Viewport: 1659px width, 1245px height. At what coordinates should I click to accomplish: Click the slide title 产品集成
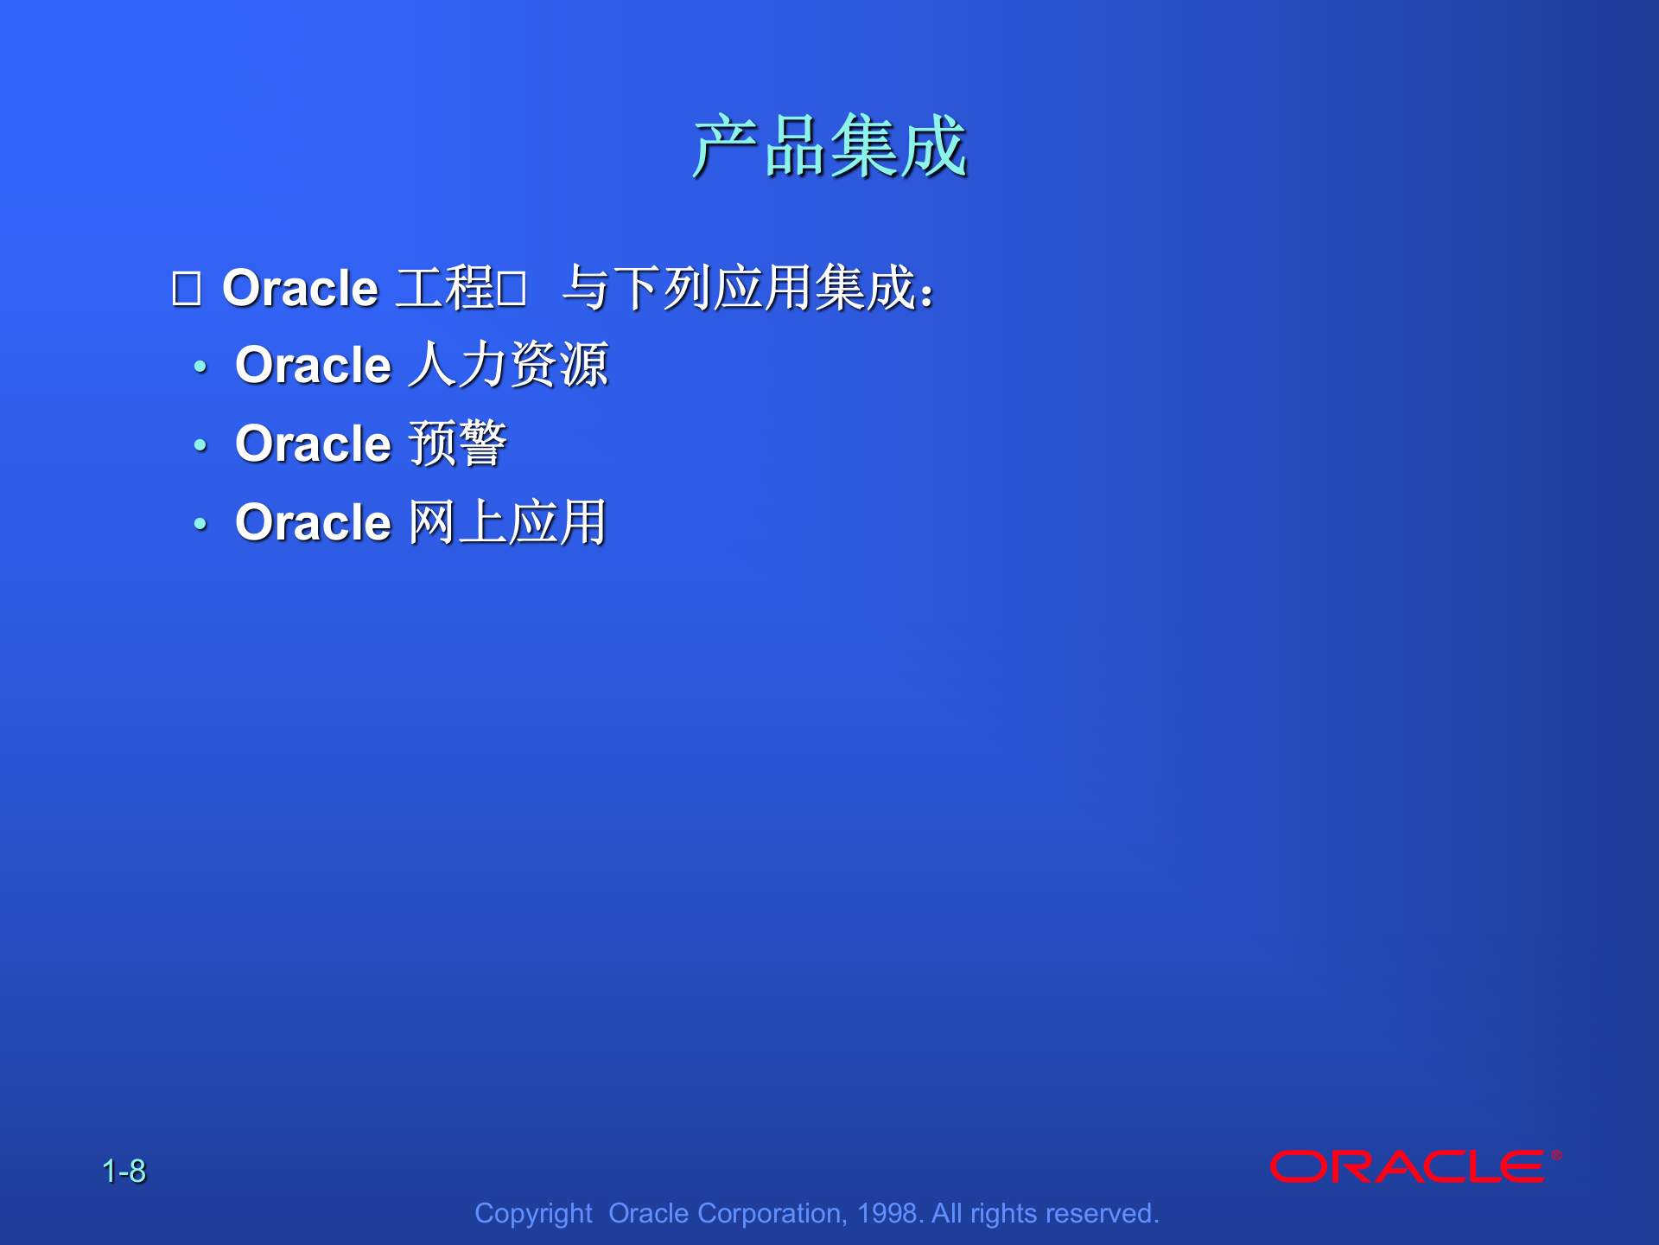829,147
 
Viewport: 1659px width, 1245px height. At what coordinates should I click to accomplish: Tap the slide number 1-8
124,1172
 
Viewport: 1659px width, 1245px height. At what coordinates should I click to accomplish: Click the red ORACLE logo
1408,1167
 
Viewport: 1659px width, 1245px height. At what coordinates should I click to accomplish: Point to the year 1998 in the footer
887,1213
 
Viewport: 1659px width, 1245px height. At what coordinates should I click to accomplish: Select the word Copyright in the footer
533,1213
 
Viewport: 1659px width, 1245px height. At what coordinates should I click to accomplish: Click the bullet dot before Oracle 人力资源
200,367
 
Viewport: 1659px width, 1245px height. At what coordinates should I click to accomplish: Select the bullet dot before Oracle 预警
200,445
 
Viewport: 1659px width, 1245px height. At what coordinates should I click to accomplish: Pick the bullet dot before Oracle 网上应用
200,524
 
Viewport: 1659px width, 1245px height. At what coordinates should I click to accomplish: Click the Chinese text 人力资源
508,365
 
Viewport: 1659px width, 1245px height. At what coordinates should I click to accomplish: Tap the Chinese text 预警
457,444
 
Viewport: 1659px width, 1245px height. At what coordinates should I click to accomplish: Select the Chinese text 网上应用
507,522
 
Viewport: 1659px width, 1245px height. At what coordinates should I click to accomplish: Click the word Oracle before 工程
300,288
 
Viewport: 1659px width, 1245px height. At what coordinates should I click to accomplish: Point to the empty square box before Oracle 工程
186,289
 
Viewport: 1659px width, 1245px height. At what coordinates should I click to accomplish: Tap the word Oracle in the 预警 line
313,444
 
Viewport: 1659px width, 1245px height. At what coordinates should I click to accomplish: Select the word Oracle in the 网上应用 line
313,522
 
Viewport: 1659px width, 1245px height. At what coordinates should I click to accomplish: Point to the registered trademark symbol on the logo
1555,1155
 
